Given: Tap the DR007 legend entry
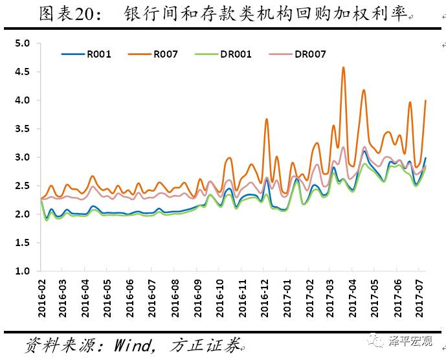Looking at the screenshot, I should [310, 54].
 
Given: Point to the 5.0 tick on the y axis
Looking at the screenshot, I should [23, 43].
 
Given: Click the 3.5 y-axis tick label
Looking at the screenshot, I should [23, 129].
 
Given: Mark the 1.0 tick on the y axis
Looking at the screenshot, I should [23, 271].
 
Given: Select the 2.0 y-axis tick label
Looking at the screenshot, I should [23, 214].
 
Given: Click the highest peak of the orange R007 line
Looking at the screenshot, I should [343, 67].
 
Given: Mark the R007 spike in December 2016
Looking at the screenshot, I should [267, 119].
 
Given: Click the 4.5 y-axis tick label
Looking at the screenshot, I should [23, 72].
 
